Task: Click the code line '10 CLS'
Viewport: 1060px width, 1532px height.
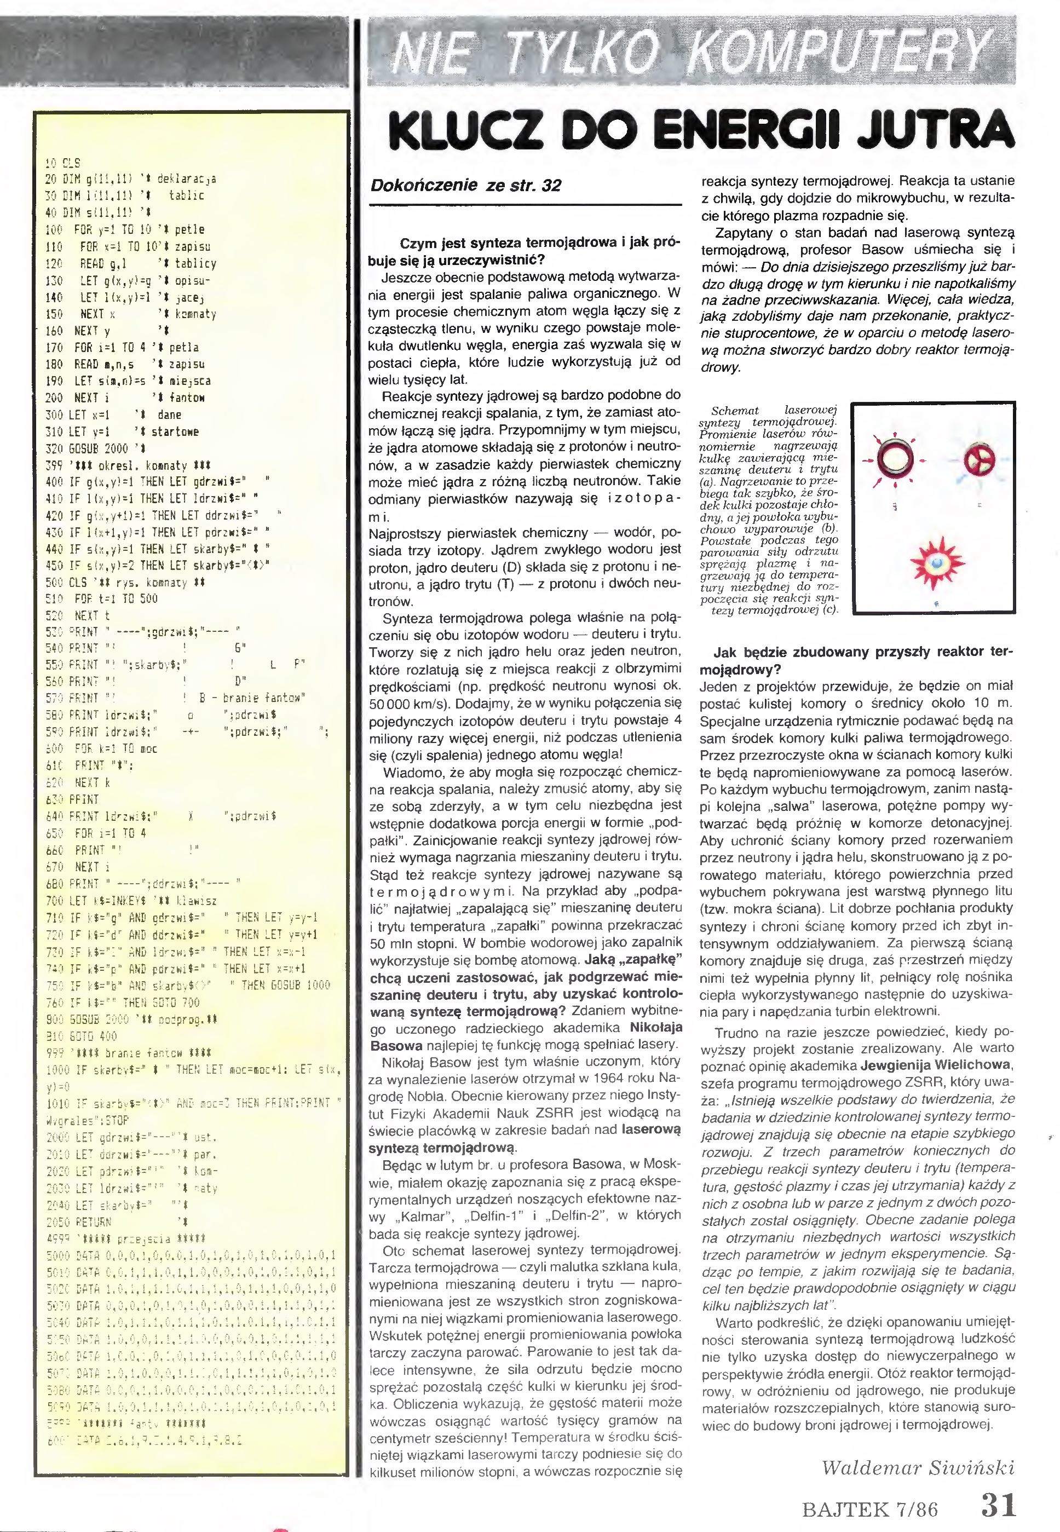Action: click(x=62, y=163)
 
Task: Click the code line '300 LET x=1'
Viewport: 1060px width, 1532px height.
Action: click(x=77, y=414)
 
